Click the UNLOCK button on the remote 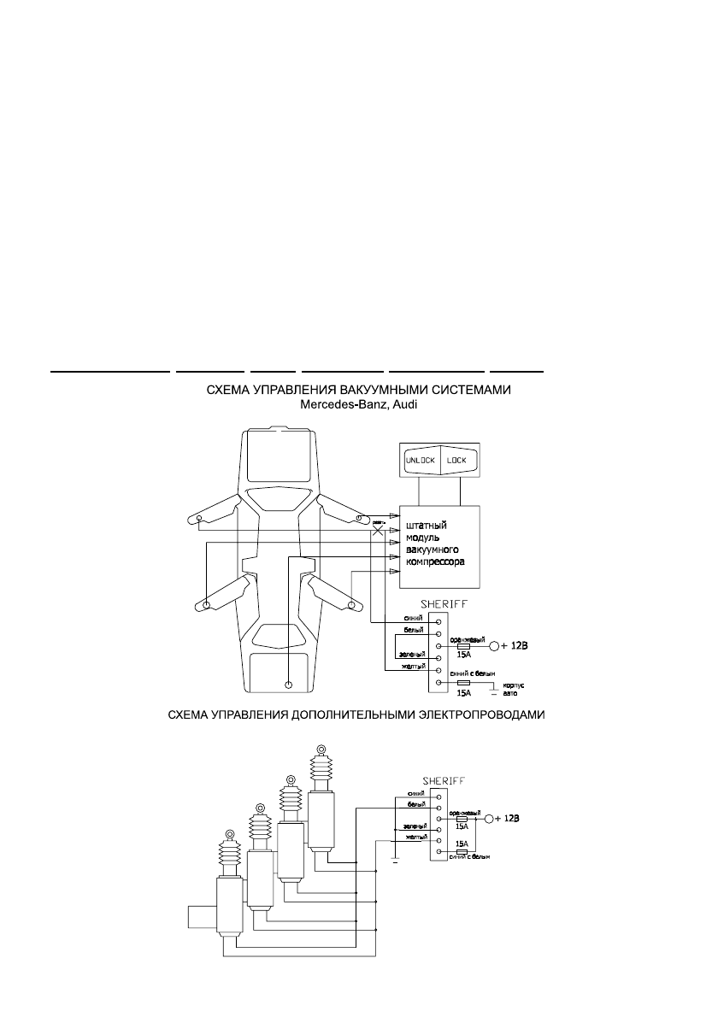click(420, 461)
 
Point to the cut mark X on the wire click(379, 530)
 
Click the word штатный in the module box click(425, 525)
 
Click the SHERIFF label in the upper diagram click(438, 603)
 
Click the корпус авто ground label click(509, 690)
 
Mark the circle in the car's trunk click(288, 685)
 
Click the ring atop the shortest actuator click(229, 834)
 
